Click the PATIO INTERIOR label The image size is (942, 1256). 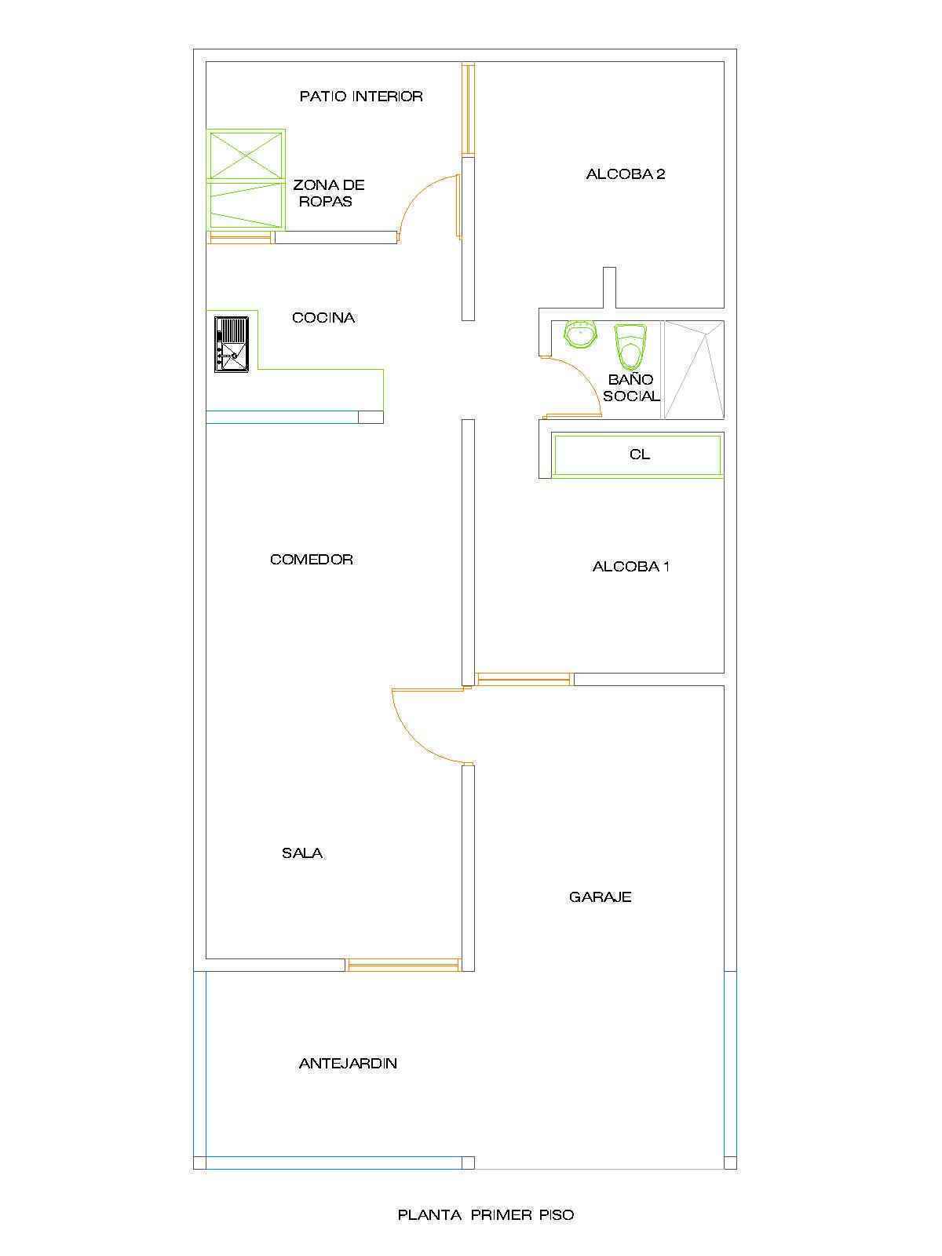[x=361, y=96]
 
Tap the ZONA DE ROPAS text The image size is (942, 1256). [x=328, y=193]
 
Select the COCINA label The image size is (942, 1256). [x=323, y=318]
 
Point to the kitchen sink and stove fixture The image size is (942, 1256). [x=232, y=345]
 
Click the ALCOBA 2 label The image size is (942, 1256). [x=626, y=174]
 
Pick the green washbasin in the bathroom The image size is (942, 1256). [x=581, y=334]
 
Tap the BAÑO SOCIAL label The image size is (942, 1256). [x=631, y=387]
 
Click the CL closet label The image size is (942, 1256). [x=640, y=455]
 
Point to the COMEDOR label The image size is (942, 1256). [x=311, y=559]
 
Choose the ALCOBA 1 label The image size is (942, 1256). [x=631, y=567]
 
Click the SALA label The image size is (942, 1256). [x=302, y=853]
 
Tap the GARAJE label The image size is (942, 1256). [x=600, y=897]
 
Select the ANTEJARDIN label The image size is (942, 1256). [x=348, y=1064]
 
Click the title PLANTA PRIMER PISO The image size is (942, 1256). [x=486, y=1215]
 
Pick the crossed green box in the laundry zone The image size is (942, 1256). [x=246, y=155]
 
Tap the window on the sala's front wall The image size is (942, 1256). [x=403, y=966]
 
